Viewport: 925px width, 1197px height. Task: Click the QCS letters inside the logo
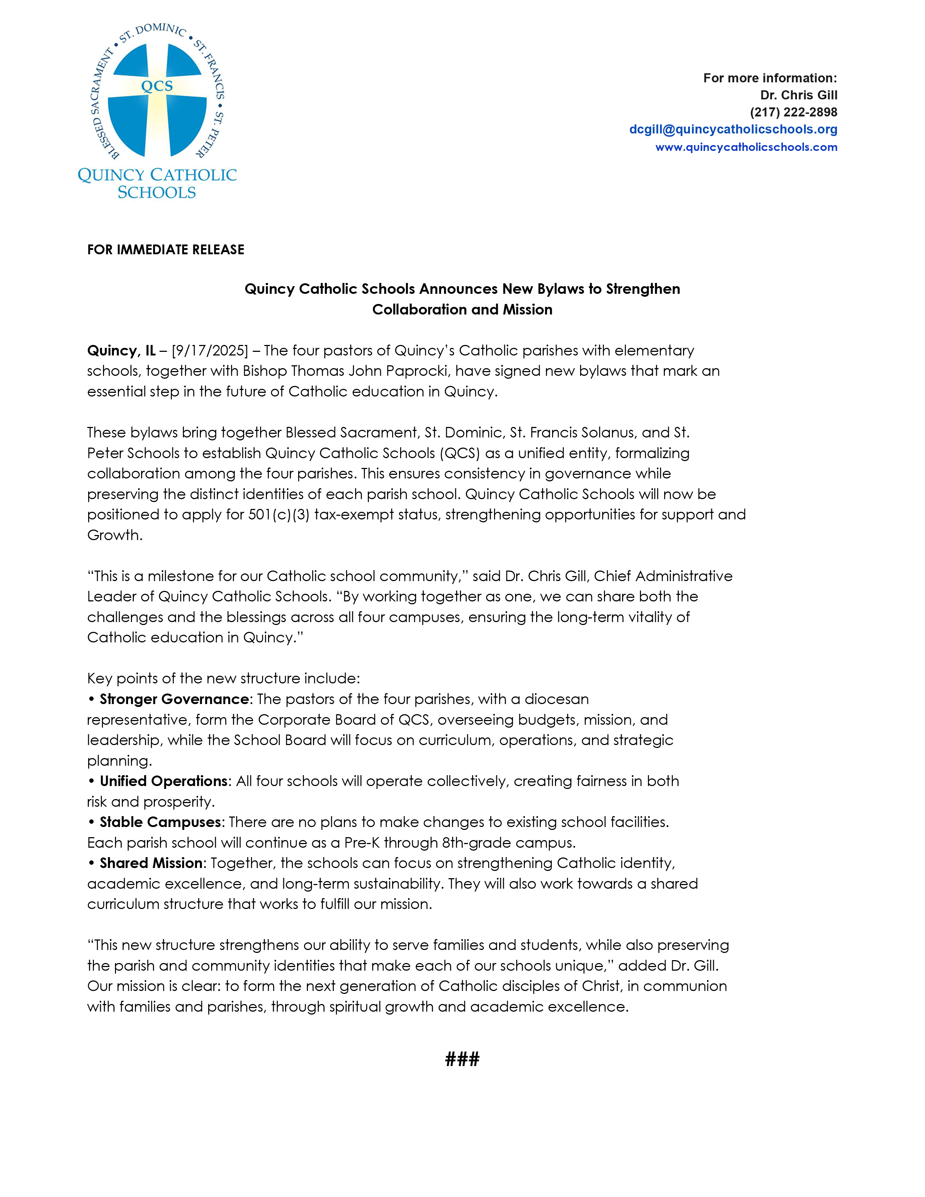(x=157, y=86)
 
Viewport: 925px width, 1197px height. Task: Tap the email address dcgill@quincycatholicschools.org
(x=733, y=129)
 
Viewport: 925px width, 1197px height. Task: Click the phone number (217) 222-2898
(x=793, y=112)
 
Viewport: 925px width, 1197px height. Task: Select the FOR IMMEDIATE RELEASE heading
(x=165, y=250)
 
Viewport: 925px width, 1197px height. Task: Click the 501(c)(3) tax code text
(x=278, y=515)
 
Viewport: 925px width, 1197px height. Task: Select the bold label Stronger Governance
(x=174, y=699)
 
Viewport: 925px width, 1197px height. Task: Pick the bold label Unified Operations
(x=163, y=781)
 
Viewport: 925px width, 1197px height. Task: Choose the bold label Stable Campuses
(x=160, y=822)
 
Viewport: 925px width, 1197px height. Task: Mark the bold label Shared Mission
(x=151, y=863)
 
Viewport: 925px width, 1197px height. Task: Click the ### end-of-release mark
(x=462, y=1059)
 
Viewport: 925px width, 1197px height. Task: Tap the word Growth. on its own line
(x=115, y=535)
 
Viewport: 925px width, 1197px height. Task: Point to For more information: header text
(x=770, y=78)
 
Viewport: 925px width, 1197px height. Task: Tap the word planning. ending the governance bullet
(x=119, y=761)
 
